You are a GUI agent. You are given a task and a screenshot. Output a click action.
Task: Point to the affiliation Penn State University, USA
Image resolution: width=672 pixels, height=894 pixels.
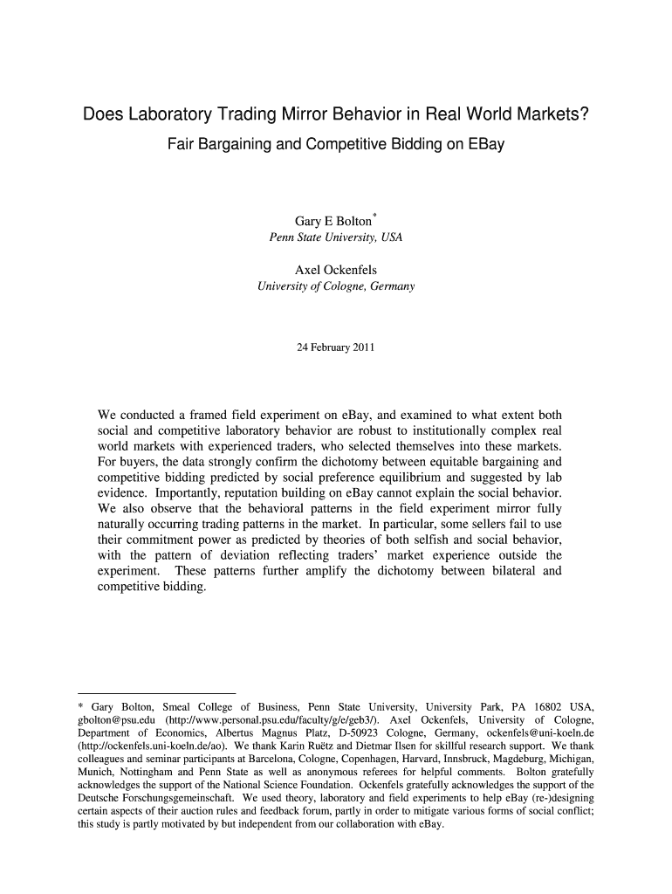point(335,237)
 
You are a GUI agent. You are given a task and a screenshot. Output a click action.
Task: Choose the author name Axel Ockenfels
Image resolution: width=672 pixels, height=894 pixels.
point(336,270)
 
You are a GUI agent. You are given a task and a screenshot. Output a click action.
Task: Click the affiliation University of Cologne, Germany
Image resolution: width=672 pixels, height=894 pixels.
point(336,286)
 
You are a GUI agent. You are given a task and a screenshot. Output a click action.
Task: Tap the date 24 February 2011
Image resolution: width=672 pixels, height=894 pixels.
point(336,348)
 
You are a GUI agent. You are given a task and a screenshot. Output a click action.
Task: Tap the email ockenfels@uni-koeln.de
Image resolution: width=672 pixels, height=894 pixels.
point(537,733)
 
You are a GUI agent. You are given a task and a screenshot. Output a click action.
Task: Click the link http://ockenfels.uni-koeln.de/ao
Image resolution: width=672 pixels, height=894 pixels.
point(145,747)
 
